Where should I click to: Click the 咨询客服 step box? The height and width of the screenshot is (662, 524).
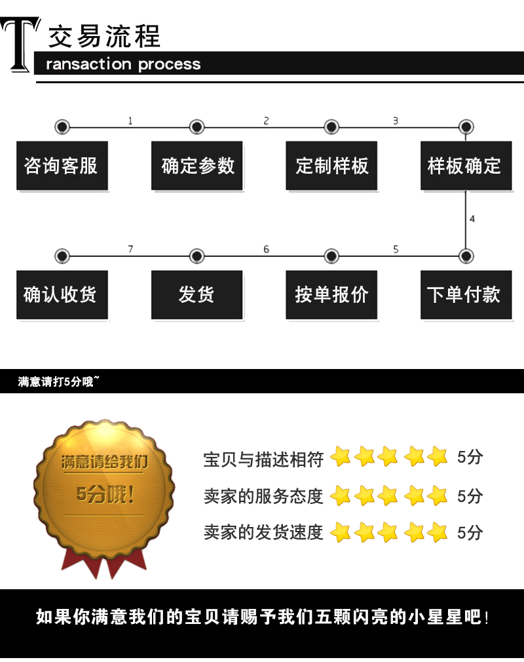coord(62,165)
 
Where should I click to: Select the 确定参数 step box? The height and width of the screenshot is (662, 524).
coord(197,165)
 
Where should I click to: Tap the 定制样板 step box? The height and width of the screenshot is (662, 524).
coord(331,165)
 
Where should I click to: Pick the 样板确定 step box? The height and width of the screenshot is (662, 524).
coord(465,165)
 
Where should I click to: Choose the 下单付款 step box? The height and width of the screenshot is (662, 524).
coord(465,294)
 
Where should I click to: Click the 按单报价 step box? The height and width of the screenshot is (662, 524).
coord(331,294)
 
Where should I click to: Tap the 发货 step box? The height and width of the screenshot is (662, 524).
coord(197,294)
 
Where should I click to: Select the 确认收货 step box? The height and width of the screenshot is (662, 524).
coord(62,294)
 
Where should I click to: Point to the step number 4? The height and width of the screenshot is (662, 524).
coord(472,219)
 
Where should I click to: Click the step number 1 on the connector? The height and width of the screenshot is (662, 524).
coord(130,121)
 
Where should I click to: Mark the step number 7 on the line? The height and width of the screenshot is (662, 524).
coord(130,249)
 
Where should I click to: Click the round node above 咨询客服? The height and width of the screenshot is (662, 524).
coord(62,127)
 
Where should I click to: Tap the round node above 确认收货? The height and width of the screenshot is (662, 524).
coord(62,256)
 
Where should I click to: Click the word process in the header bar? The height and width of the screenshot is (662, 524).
coord(169,64)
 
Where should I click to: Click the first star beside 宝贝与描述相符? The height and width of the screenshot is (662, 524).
coord(341,457)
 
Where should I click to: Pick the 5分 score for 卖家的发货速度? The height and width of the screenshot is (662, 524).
coord(470,532)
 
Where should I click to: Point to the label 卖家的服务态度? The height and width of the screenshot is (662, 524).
coord(263,496)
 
